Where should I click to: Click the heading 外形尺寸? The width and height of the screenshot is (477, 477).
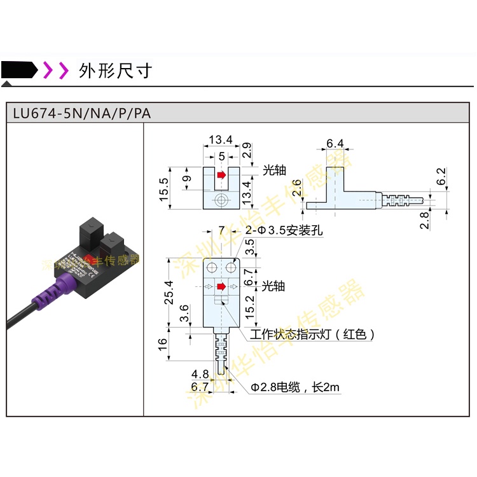[115, 70]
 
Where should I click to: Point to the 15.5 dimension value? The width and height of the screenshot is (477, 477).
[163, 190]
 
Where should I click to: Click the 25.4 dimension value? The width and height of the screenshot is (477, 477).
[168, 293]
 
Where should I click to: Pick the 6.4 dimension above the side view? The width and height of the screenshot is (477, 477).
[335, 143]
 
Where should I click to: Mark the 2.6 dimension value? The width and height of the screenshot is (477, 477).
[296, 189]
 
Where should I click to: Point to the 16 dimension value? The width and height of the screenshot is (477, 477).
[162, 345]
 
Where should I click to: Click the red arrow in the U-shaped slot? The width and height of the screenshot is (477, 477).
[221, 174]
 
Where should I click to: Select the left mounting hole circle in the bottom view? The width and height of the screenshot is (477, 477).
[212, 267]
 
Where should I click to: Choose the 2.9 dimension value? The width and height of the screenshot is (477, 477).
[249, 151]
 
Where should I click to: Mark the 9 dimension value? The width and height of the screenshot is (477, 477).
[186, 178]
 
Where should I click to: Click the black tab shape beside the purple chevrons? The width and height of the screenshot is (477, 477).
[19, 70]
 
